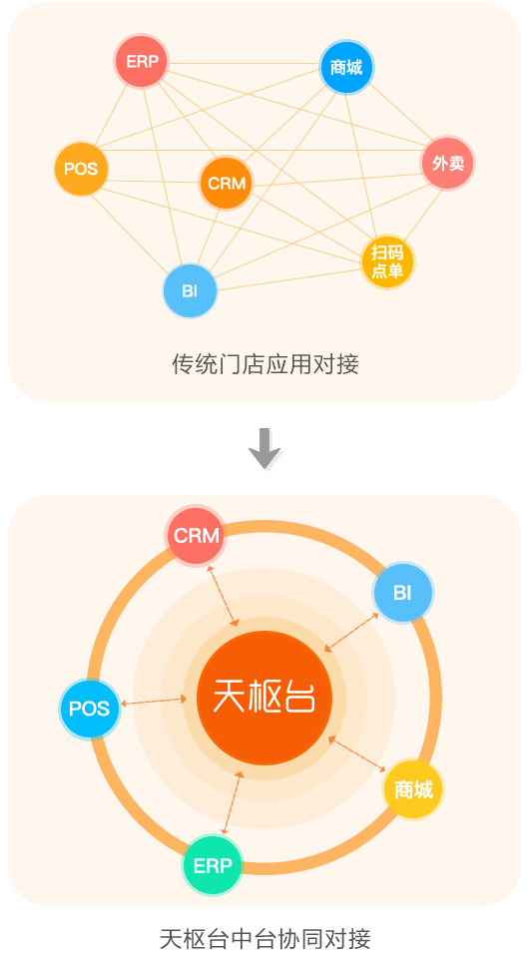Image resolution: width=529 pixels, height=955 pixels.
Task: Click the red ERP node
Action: coord(142,62)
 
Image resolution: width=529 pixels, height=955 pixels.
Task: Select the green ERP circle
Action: coord(213,865)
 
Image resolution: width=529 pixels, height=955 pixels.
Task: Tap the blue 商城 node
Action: coord(346,67)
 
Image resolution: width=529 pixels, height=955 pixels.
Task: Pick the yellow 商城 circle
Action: coord(413,789)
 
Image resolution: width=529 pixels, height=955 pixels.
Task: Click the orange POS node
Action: coord(81,169)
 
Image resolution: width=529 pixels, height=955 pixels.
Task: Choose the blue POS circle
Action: coord(90,709)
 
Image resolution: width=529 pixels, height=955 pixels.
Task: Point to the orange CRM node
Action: coord(227,183)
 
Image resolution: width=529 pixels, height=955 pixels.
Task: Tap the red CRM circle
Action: coord(196,535)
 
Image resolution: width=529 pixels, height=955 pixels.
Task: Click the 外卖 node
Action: coord(448,164)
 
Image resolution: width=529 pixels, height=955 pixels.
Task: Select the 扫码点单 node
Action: coord(387,262)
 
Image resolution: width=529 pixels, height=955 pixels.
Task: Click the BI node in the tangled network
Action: coord(191,290)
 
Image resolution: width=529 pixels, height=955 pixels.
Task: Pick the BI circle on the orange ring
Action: coord(403,592)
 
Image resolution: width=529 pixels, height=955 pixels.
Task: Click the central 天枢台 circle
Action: coord(264,698)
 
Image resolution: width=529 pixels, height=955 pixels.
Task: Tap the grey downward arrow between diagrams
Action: coord(264,448)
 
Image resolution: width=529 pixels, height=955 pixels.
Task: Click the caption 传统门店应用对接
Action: coord(265,364)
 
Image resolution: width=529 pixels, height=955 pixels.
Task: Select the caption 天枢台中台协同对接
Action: coord(264,939)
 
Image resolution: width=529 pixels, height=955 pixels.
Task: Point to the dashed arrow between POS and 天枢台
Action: coord(154,701)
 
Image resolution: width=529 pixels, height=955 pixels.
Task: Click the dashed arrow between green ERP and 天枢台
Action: coord(233,802)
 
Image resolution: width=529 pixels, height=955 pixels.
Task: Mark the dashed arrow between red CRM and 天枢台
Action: coord(223,596)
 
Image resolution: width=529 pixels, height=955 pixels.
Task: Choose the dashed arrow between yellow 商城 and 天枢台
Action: coord(357,754)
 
